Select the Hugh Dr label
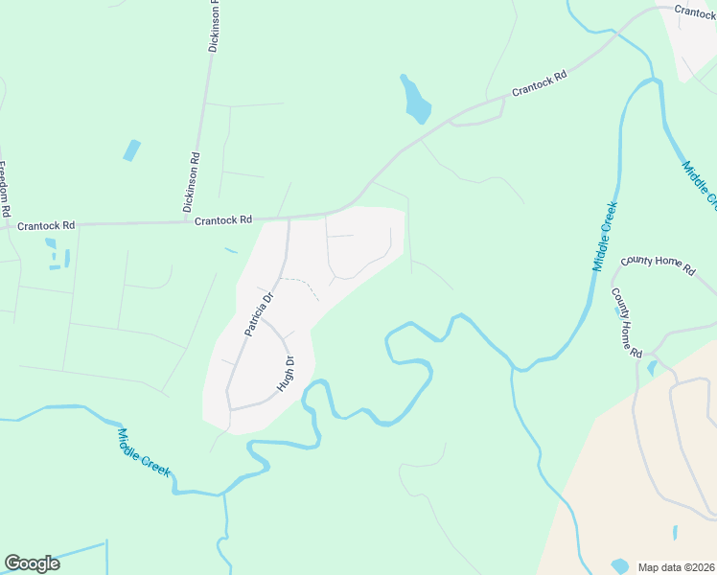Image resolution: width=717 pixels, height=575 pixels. (x=285, y=374)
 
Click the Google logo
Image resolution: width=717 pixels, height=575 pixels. (x=32, y=563)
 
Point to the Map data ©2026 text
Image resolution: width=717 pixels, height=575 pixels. (x=676, y=566)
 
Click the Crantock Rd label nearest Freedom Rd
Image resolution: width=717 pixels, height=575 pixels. (x=46, y=226)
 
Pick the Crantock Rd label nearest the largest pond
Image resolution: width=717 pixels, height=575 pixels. (x=540, y=82)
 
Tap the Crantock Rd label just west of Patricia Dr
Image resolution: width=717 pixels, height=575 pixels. (x=222, y=220)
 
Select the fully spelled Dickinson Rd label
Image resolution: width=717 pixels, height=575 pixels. (x=195, y=182)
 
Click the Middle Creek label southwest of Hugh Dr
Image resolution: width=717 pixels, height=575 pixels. (x=144, y=452)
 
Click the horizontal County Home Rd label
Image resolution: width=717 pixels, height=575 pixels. (x=658, y=265)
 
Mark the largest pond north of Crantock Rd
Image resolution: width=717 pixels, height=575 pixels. (x=416, y=101)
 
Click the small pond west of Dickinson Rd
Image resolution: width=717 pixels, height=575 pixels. (x=131, y=150)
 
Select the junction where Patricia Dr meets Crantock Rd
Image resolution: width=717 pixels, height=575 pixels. (x=289, y=219)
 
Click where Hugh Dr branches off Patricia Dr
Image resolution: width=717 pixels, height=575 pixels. (x=266, y=323)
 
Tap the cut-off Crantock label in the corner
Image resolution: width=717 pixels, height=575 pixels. (x=695, y=12)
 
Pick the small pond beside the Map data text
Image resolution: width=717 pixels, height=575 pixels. (x=621, y=566)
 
